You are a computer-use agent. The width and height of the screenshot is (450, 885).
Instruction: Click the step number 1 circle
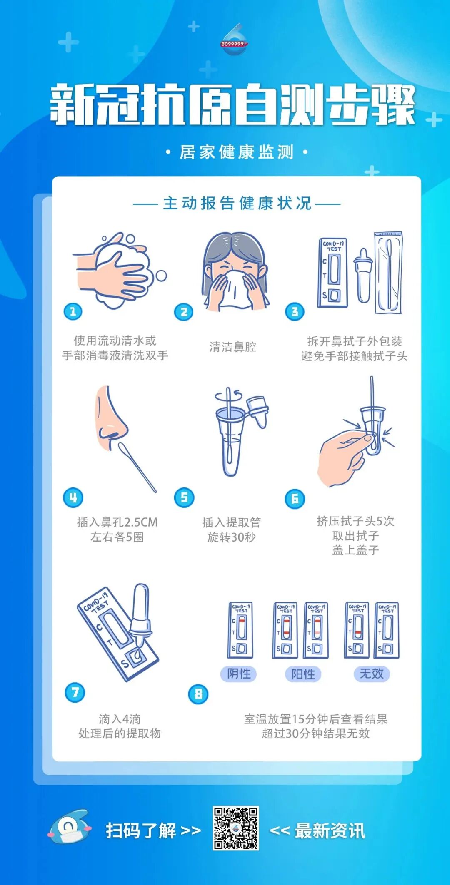pos(73,311)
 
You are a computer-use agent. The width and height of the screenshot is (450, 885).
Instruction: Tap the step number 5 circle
pos(184,497)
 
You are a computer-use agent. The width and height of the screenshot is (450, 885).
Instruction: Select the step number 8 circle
pos(198,694)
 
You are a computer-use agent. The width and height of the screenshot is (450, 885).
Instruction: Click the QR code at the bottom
pos(236,828)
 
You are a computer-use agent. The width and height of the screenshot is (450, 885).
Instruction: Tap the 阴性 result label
pos(239,674)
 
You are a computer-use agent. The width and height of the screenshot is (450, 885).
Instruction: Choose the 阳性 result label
pos(303,674)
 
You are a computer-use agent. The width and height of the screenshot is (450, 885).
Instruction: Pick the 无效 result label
pos(372,674)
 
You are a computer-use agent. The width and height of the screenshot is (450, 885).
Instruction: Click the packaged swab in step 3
pos(388,273)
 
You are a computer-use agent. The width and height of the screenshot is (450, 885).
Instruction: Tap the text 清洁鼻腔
pos(232,347)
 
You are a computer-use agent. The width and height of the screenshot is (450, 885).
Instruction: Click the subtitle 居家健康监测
pos(236,152)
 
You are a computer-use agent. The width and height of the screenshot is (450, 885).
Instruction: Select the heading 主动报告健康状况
pos(237,204)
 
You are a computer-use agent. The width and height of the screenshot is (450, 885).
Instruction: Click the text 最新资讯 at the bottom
pos(330,831)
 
